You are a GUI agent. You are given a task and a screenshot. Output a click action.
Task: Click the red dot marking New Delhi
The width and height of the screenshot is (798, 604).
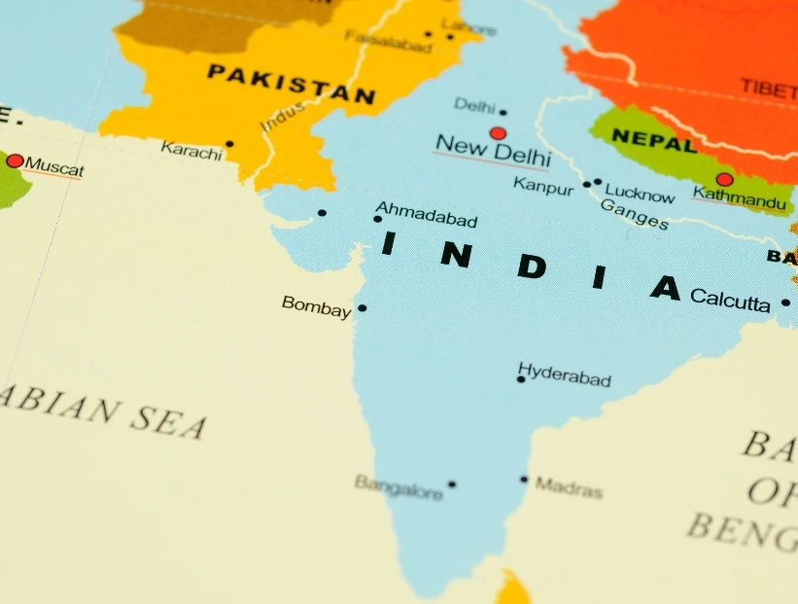coord(498,133)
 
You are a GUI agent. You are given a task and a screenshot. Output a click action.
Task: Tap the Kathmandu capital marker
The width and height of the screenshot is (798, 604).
coord(724,179)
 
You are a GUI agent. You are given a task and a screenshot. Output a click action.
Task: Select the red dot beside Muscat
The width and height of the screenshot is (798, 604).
coord(15,160)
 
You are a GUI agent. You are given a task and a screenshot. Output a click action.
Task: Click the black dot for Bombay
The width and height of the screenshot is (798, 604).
coord(362,308)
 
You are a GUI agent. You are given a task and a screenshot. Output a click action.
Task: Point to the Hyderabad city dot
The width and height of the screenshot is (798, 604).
coord(521,379)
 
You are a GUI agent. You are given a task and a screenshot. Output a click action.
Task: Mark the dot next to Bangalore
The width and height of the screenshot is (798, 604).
coord(451,484)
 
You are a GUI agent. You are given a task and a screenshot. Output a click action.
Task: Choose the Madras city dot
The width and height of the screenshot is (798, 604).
coord(524,480)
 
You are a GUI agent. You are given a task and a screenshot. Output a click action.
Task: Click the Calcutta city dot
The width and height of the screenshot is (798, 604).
coord(785,302)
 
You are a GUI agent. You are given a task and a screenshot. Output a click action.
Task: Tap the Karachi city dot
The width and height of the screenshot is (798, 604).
coord(229,144)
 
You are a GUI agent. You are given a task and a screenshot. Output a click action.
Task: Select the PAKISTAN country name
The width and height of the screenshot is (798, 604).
coord(291,84)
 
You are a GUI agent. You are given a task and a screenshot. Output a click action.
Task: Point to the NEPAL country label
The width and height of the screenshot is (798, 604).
coord(653,142)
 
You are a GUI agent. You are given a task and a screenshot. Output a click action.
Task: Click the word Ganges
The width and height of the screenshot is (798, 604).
coord(634,215)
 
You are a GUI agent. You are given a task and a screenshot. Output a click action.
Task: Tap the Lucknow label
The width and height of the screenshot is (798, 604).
coord(640,195)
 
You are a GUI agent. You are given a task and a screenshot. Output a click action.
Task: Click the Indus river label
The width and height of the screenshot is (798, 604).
coord(283,118)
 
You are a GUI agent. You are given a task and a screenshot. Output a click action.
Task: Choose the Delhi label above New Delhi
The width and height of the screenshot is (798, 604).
coord(474,105)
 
